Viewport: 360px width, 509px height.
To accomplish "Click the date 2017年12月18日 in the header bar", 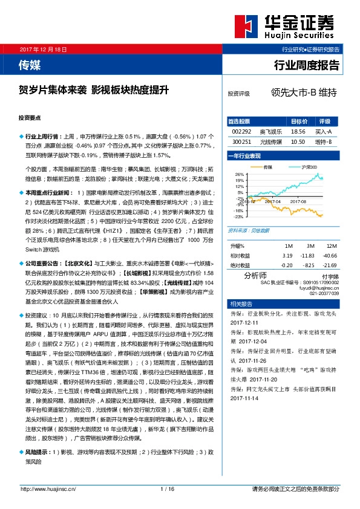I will pyautogui.click(x=42, y=48).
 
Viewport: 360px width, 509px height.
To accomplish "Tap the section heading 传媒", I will pyautogui.click(x=30, y=64).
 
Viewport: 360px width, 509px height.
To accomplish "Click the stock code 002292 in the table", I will pyautogui.click(x=241, y=131).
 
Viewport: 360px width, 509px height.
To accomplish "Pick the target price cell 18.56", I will pyautogui.click(x=298, y=131).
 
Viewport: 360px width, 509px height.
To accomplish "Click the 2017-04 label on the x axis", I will pyautogui.click(x=274, y=201).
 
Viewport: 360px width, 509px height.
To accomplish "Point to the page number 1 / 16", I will pyautogui.click(x=168, y=488).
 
